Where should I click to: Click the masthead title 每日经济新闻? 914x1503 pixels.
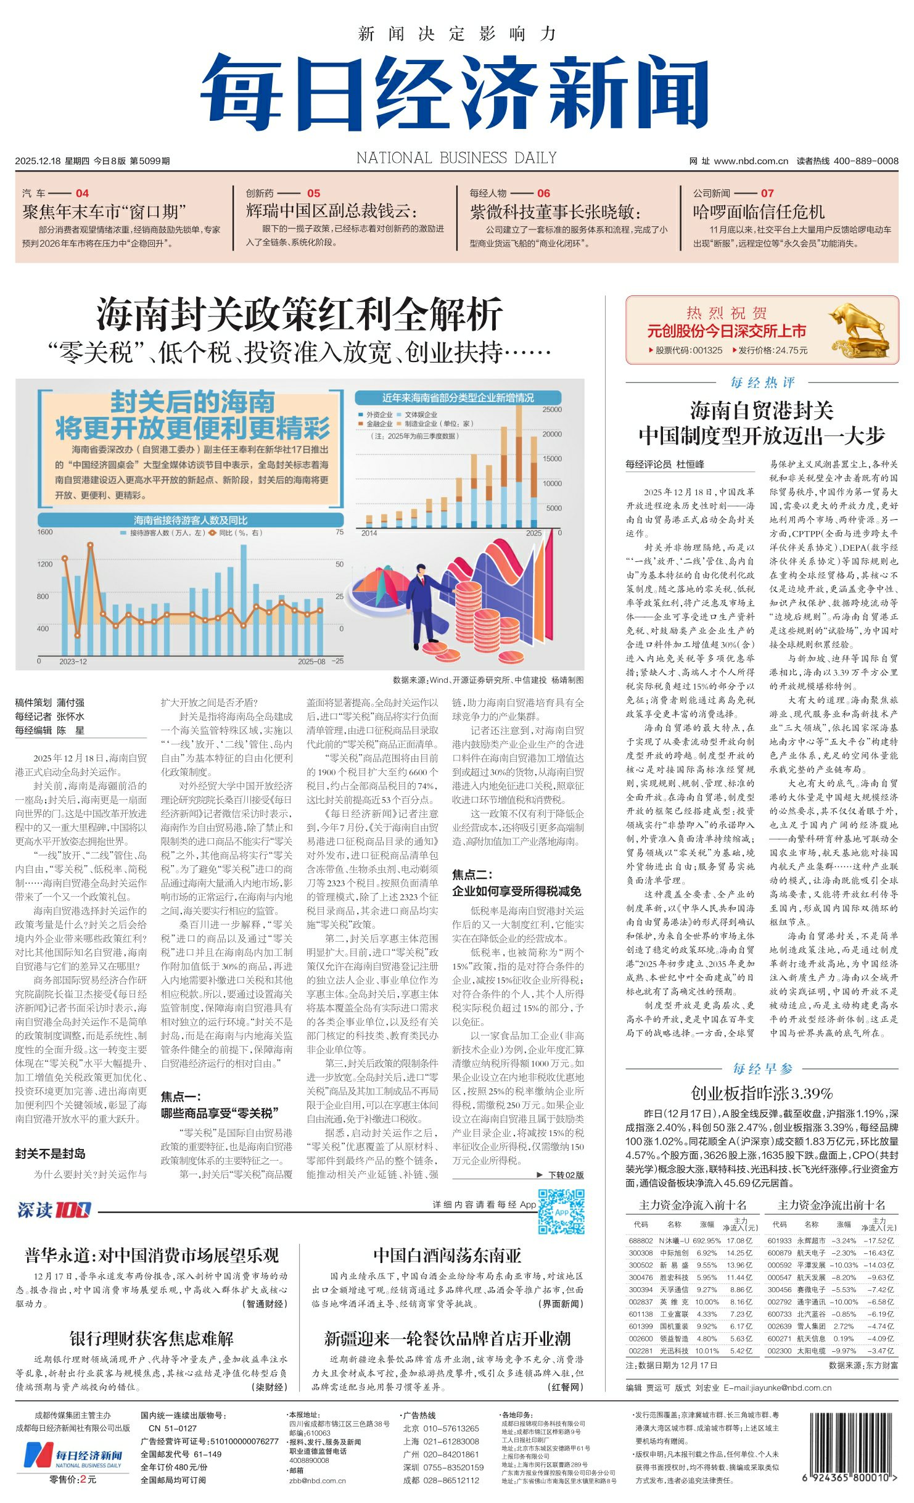[455, 93]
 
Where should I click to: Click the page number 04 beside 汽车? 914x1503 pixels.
[82, 193]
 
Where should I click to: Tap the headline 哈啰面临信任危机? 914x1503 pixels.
[759, 212]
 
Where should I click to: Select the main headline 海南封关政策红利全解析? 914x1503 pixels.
[299, 314]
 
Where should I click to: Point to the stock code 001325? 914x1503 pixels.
[706, 350]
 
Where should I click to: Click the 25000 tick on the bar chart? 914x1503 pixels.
[552, 410]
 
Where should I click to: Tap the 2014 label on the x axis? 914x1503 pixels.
[369, 533]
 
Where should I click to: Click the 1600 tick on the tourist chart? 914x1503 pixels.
[45, 532]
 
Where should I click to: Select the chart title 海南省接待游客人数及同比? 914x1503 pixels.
[191, 520]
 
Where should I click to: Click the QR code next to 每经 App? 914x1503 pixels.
[561, 1212]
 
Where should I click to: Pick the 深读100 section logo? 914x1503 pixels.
[54, 1210]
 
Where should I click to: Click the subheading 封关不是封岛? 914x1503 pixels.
[51, 1153]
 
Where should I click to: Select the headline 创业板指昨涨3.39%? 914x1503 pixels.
[762, 1093]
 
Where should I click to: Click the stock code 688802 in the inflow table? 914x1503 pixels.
[640, 1240]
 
